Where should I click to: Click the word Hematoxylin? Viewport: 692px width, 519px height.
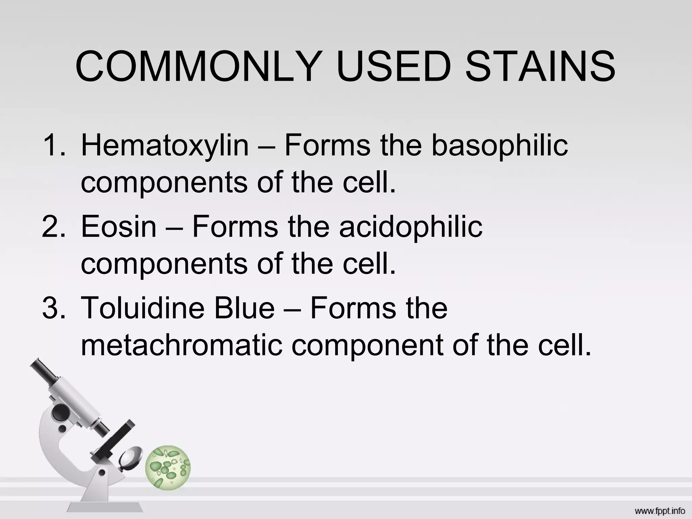click(x=165, y=146)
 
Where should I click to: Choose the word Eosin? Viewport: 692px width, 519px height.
click(x=119, y=227)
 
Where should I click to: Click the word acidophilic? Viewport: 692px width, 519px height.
click(x=411, y=227)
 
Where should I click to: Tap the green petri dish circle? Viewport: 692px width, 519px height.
click(x=168, y=468)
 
